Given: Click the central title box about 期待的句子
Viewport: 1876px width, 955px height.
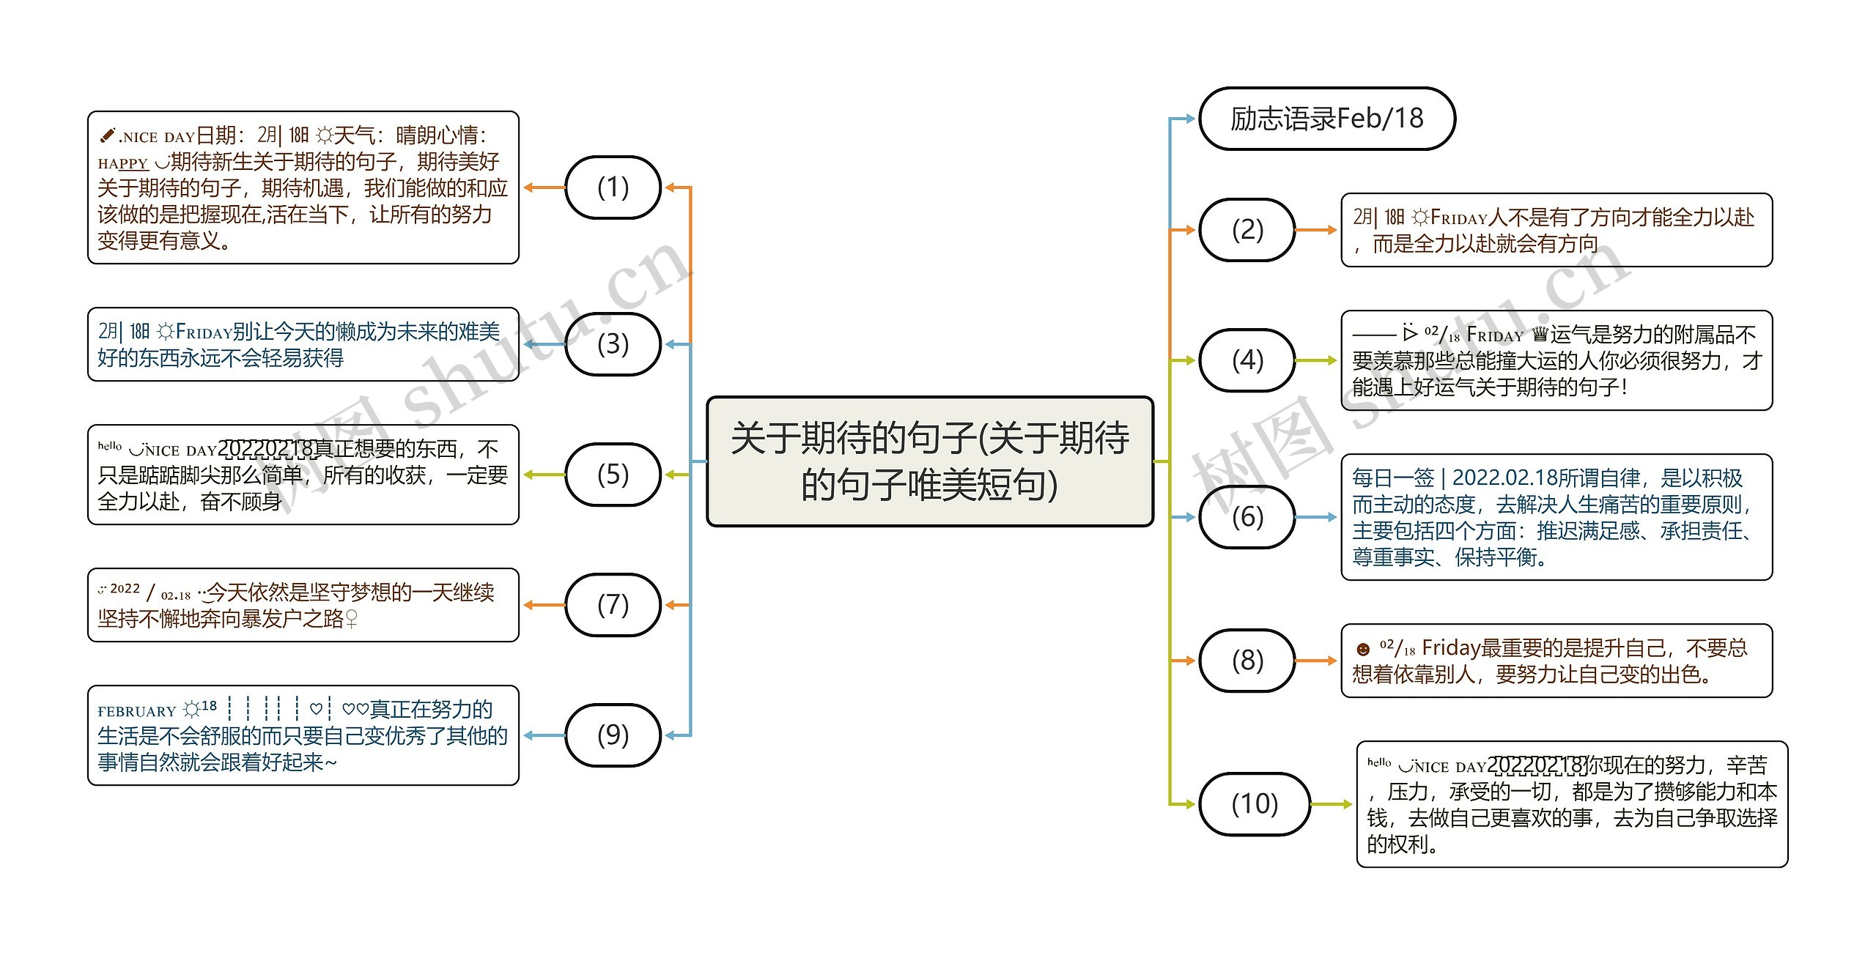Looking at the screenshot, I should (x=929, y=461).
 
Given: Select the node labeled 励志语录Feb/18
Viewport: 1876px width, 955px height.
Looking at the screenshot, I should (x=1326, y=119).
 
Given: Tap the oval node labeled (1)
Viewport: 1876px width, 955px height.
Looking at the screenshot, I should (x=613, y=187).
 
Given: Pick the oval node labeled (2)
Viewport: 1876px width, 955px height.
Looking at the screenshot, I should (x=1247, y=230).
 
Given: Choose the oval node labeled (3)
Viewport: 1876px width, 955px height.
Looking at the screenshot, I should (x=613, y=344).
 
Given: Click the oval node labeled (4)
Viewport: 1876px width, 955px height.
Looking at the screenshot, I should (x=1247, y=360).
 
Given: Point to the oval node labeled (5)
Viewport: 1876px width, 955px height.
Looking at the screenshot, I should (x=613, y=475).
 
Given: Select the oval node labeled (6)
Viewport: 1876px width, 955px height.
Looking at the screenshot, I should (x=1247, y=517).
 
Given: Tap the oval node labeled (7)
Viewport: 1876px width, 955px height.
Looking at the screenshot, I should (x=613, y=605).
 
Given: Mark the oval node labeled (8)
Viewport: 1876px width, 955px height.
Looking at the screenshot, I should (x=1247, y=661).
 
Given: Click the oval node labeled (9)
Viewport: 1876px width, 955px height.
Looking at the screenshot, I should (x=613, y=735).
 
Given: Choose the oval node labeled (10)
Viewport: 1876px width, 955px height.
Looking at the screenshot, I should (x=1255, y=804).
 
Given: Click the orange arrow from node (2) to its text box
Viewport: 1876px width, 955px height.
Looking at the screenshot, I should (x=1317, y=230).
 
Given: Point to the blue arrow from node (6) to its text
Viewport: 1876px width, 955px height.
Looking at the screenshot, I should (x=1317, y=517).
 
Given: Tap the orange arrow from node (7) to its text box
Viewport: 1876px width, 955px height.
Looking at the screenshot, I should (x=544, y=605).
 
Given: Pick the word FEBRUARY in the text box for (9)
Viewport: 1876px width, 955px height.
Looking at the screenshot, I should (x=136, y=711).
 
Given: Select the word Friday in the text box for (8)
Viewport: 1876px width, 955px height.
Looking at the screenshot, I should (x=1451, y=648).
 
